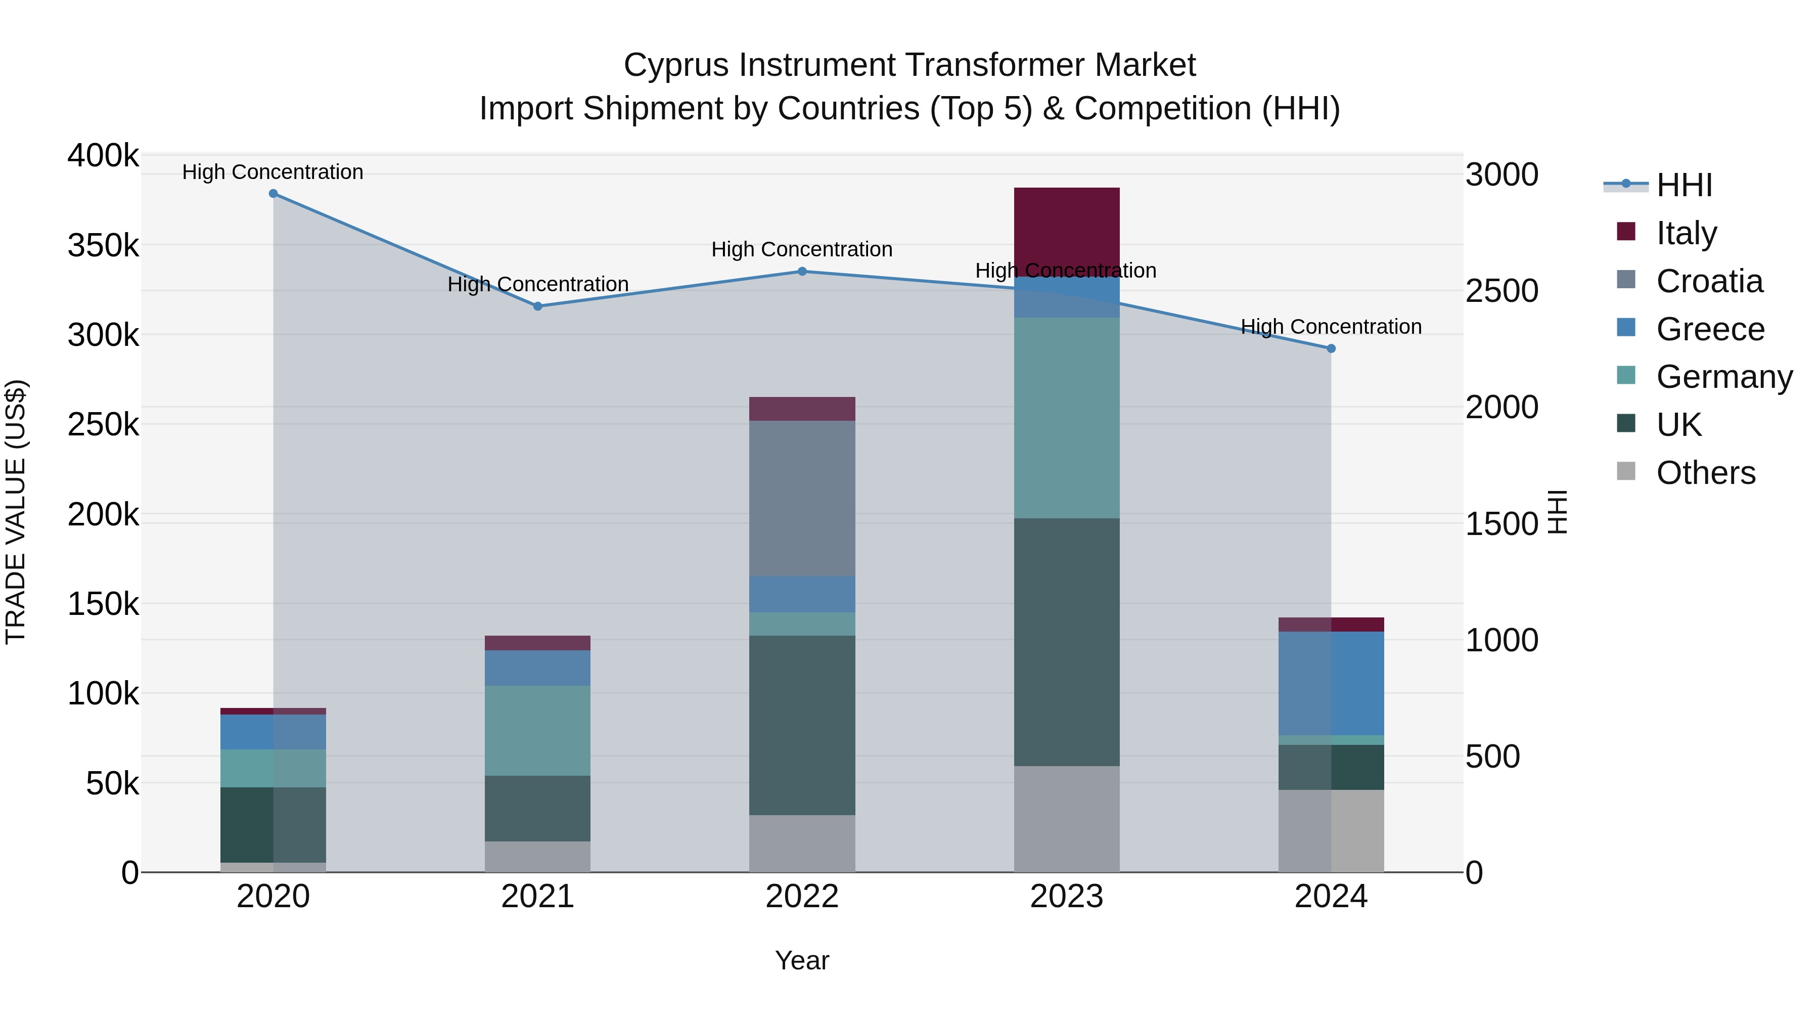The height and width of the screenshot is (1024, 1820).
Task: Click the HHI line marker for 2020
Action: point(274,194)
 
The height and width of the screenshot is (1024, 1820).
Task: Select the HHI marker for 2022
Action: point(802,272)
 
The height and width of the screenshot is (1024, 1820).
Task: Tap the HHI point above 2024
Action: point(1331,348)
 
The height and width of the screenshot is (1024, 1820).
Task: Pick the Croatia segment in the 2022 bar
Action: point(802,498)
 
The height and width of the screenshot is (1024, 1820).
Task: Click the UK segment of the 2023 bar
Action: point(1066,642)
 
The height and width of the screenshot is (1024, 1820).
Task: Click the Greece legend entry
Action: point(1710,329)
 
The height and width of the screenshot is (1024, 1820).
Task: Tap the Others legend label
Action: point(1706,473)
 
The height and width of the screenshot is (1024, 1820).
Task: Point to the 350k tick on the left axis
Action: point(103,246)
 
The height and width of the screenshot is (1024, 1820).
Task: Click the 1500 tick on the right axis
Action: point(1501,524)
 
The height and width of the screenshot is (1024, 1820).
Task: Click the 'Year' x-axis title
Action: point(802,960)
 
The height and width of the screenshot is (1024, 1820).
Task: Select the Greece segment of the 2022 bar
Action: point(802,594)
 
